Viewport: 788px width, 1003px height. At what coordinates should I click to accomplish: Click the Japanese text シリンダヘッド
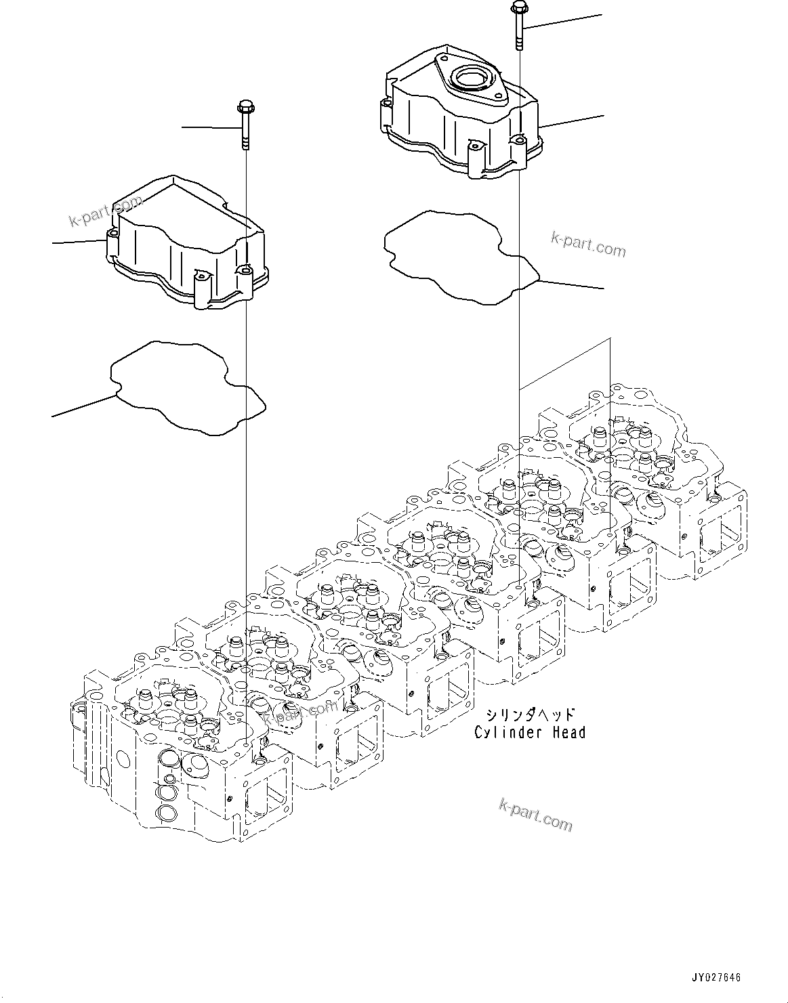(530, 714)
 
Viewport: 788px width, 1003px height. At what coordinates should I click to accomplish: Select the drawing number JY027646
(716, 977)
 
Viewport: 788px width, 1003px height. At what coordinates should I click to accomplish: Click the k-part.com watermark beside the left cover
(106, 212)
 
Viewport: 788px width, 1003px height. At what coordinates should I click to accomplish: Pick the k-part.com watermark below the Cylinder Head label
(535, 814)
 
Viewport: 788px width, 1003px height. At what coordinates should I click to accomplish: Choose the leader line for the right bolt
(562, 21)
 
